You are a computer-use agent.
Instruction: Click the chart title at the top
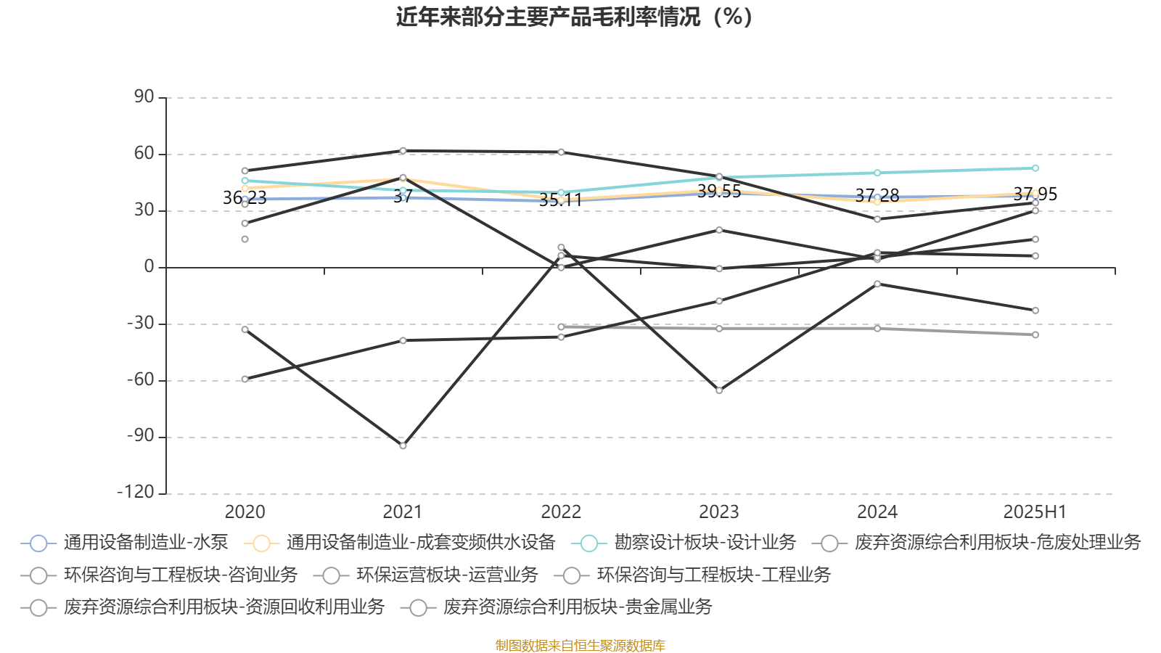574,17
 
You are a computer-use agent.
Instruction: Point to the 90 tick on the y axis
144,96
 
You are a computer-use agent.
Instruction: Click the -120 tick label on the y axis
136,492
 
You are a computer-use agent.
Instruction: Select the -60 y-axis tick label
141,379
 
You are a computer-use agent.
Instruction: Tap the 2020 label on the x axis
245,512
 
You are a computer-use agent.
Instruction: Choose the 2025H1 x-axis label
1035,512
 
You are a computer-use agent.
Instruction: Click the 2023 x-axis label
719,512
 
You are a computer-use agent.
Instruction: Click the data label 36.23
245,197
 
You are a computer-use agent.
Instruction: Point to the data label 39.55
719,192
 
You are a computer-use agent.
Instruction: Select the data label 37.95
1035,194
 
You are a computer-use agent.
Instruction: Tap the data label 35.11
561,200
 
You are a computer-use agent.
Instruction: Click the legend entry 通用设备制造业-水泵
124,543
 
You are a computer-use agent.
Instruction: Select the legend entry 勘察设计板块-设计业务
684,543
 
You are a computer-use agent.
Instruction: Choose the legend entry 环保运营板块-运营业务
425,575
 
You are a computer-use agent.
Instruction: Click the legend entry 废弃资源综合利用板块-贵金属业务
556,607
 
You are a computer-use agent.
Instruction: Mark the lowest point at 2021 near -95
403,445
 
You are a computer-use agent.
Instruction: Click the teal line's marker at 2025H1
1035,168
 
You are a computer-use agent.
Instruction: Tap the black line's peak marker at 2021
403,151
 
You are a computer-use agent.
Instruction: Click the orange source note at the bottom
580,645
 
